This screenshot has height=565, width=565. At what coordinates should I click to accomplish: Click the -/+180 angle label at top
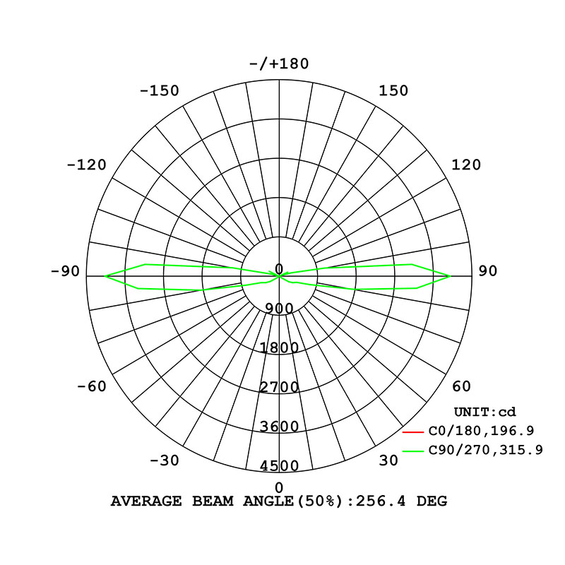pos(279,64)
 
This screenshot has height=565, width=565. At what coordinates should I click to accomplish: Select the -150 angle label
pos(160,90)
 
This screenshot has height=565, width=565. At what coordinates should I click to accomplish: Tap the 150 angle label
pos(393,90)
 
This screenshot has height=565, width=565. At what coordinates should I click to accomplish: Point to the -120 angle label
pos(87,165)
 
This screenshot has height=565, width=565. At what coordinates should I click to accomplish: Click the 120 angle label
pos(466,165)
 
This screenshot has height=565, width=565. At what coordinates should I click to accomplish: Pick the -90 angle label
pos(65,271)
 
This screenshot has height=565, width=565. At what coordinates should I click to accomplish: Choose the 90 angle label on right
pos(487,271)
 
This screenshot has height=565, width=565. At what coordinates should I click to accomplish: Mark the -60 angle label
pos(92,386)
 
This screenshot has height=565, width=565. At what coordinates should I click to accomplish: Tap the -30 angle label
pos(165,460)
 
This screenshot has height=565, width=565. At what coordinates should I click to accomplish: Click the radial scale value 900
pos(279,309)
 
